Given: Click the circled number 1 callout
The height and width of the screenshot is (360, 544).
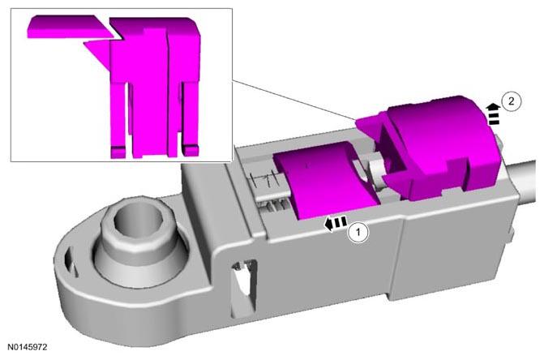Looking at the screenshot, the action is coord(358,232).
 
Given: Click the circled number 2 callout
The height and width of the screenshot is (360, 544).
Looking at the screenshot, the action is coord(511,101).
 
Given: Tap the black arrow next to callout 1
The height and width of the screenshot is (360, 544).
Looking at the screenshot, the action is coord(336,223).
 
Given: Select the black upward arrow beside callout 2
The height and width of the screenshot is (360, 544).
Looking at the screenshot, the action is coord(493,114).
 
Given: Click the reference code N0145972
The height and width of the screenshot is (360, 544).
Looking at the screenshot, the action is coord(28,347).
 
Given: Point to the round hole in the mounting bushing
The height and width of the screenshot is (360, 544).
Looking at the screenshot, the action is coord(138,223).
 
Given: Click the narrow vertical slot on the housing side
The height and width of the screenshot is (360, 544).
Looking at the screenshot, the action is coord(244,287).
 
